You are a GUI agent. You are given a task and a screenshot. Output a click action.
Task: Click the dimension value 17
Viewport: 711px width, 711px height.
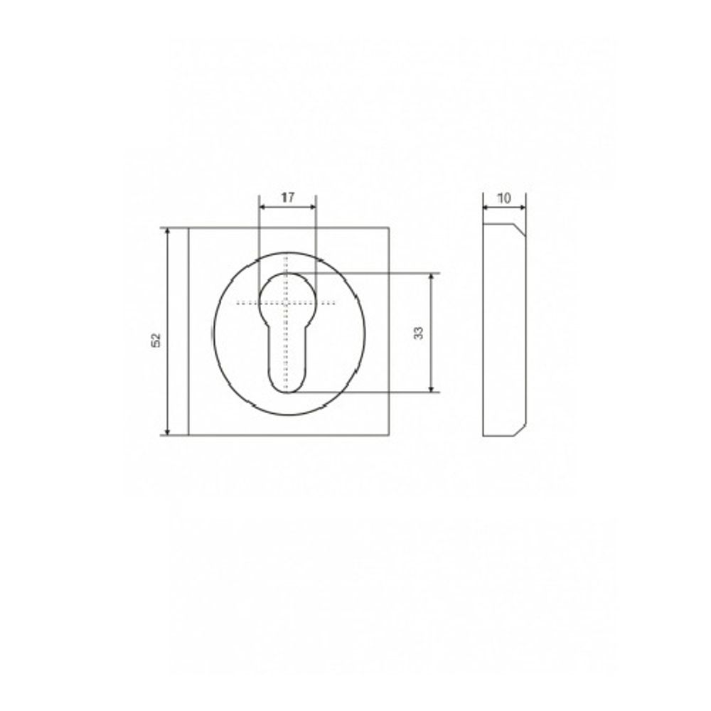(x=287, y=198)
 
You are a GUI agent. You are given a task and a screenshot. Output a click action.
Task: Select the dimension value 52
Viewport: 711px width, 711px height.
(x=156, y=340)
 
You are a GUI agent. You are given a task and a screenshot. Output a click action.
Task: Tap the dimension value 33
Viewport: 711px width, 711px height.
(x=419, y=333)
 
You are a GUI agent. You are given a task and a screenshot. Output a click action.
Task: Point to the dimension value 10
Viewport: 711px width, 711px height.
(x=504, y=198)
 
